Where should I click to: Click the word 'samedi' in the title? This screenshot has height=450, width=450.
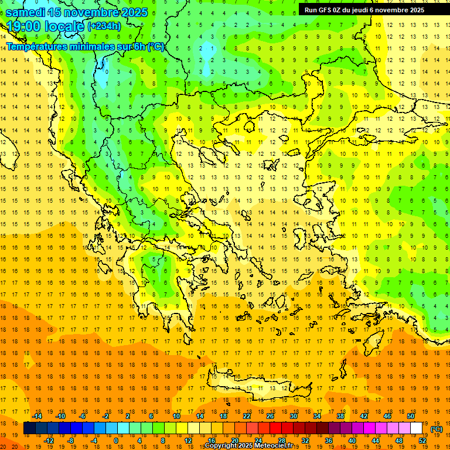25,12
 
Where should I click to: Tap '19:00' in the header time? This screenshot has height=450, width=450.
23,26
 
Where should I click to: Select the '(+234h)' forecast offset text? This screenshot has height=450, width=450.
104,26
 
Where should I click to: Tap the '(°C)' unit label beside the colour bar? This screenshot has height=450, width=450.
437,429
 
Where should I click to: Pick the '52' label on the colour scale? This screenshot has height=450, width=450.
422,441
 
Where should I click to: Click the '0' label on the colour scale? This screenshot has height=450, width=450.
116,441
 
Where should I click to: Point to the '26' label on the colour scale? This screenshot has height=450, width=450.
270,416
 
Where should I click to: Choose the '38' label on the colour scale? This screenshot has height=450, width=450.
340,416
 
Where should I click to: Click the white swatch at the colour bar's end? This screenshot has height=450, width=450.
417,428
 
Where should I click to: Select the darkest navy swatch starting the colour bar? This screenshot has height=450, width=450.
29,428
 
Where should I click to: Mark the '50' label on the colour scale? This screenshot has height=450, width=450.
411,416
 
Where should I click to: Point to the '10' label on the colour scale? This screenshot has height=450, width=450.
176,416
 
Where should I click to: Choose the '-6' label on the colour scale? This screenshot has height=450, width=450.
83,416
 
